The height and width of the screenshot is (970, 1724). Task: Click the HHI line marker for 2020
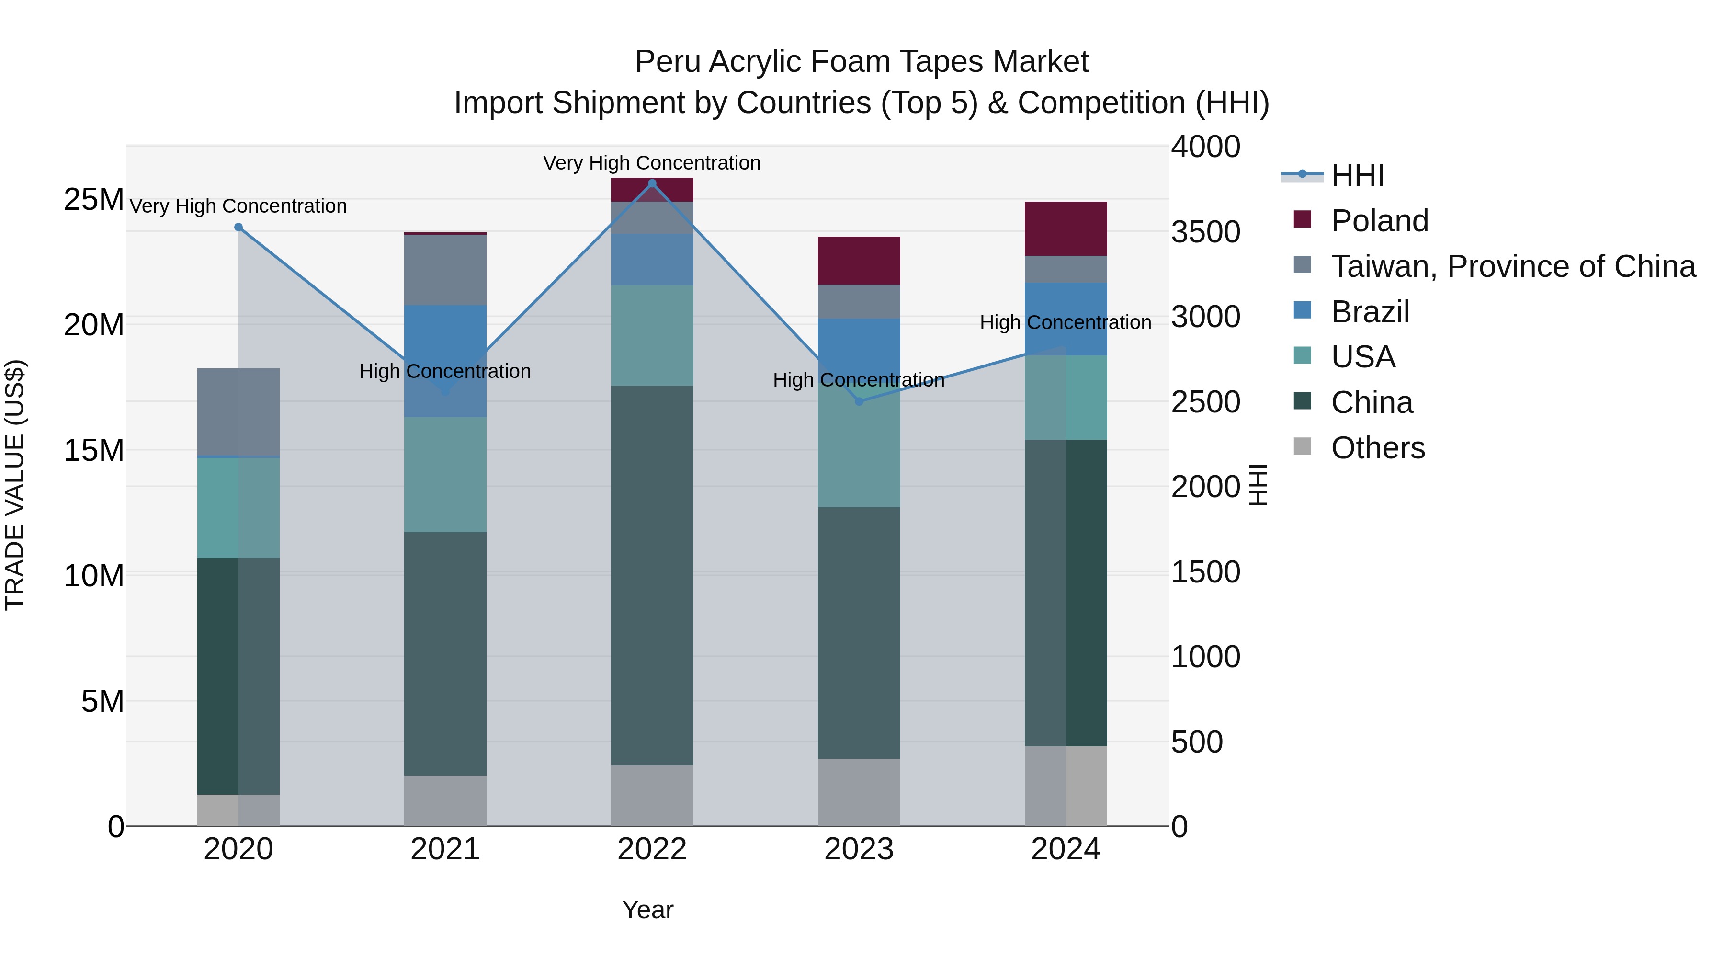[x=238, y=228]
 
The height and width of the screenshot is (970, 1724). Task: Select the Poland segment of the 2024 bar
[x=1066, y=228]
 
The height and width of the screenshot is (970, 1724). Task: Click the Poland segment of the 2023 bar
[x=859, y=261]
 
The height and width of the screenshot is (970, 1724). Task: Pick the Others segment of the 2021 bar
[x=445, y=800]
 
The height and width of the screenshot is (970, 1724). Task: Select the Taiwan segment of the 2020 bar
[x=238, y=412]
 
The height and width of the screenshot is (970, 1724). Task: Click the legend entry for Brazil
[x=1370, y=312]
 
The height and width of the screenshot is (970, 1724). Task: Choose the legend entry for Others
[x=1377, y=448]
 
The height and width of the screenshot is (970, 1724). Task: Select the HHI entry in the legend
[x=1357, y=175]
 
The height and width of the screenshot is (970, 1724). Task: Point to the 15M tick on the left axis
[x=94, y=451]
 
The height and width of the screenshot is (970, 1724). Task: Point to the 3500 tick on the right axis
[x=1205, y=232]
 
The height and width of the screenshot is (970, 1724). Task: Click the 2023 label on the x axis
[x=859, y=849]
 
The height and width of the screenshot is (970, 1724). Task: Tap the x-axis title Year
[x=647, y=910]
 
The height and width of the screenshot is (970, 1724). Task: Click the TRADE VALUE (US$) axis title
[x=15, y=485]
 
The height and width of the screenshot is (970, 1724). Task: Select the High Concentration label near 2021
[x=444, y=371]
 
